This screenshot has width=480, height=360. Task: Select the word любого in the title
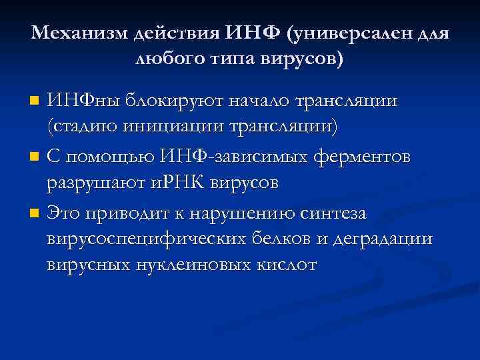[x=164, y=59]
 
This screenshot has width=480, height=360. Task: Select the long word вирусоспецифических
[x=152, y=239]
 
